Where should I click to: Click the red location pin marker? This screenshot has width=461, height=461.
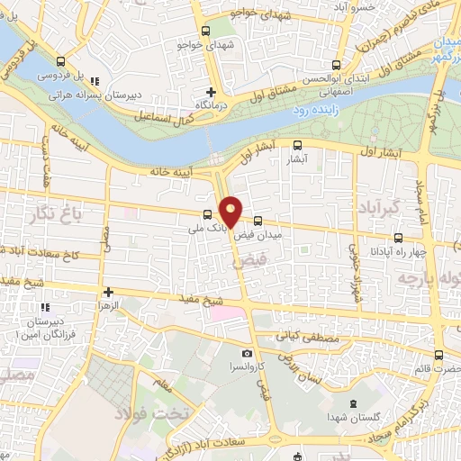coord(231,212)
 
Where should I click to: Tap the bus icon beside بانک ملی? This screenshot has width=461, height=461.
coord(208,214)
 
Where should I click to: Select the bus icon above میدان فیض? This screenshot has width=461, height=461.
coord(258,221)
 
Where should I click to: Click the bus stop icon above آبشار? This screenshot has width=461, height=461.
coord(298,144)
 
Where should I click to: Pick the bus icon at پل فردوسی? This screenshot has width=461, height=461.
coord(59,62)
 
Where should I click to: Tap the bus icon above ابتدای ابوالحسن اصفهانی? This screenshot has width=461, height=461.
coord(337,65)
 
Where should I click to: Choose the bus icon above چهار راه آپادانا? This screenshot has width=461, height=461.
coord(398,239)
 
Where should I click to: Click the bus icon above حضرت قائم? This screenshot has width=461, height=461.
coord(438,354)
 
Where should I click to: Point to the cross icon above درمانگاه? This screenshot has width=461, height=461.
coord(212,92)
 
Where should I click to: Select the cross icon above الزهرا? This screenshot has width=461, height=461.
coord(108,292)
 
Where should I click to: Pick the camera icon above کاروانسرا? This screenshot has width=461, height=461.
coord(247,354)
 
